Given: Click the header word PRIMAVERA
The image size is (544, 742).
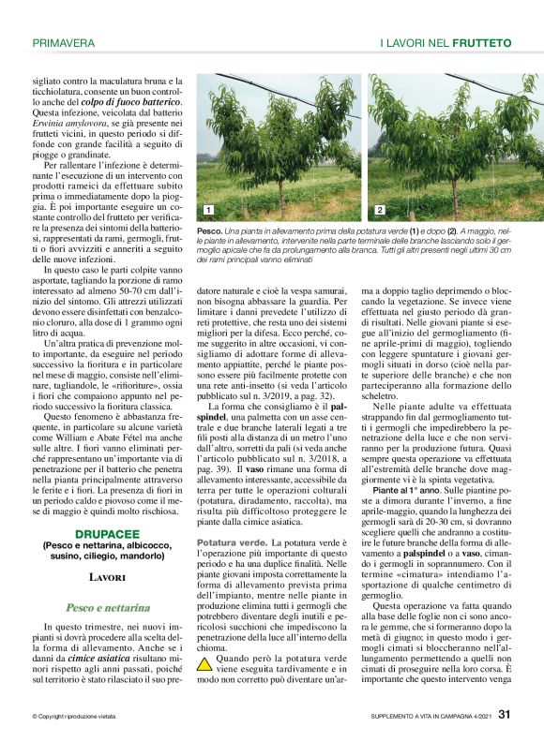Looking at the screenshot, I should pos(64,43).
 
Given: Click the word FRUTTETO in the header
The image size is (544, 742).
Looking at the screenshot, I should pos(481,43).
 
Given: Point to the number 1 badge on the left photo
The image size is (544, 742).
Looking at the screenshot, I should pos(206,211).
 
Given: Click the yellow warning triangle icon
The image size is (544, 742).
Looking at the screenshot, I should pos(204,665).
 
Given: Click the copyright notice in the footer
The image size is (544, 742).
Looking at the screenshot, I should pos(75,718).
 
